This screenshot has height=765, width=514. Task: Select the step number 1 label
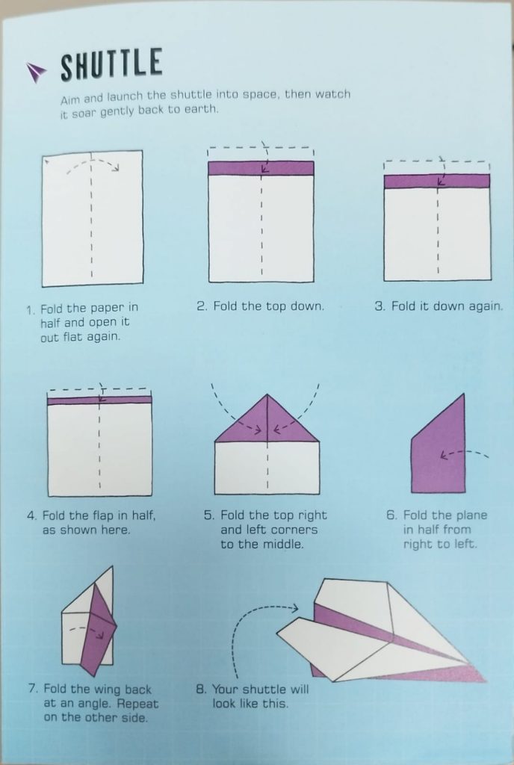click(31, 310)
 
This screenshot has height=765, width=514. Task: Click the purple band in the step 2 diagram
click(261, 168)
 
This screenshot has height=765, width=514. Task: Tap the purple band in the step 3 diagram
click(437, 181)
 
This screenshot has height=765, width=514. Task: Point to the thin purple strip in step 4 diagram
click(99, 400)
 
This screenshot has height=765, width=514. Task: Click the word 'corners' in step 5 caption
click(294, 530)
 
